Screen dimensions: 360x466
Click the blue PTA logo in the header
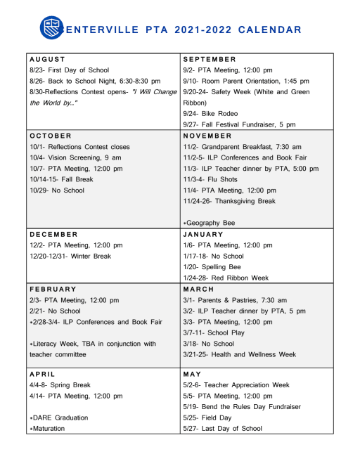point(51,29)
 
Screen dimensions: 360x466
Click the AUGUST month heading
point(47,59)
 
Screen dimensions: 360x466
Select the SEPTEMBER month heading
point(210,59)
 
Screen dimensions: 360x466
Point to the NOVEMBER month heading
point(208,135)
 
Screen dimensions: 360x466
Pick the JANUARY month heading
point(202,234)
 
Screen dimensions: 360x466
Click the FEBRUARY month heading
point(53,289)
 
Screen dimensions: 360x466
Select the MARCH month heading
point(198,289)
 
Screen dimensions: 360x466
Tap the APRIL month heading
point(44,374)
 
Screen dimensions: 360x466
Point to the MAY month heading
point(192,374)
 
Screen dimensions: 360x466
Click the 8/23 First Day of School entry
point(69,70)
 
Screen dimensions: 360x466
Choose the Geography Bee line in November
point(209,223)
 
